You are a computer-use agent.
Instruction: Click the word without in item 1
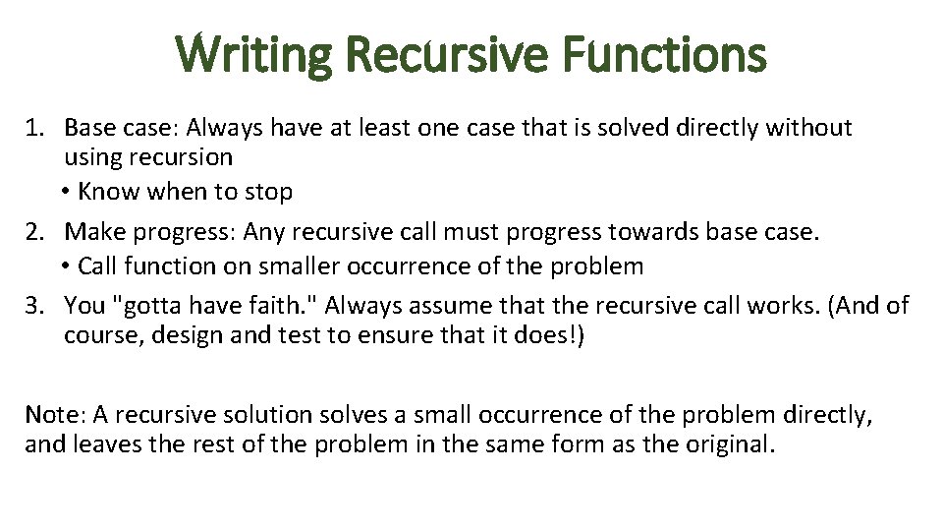pyautogui.click(x=810, y=128)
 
